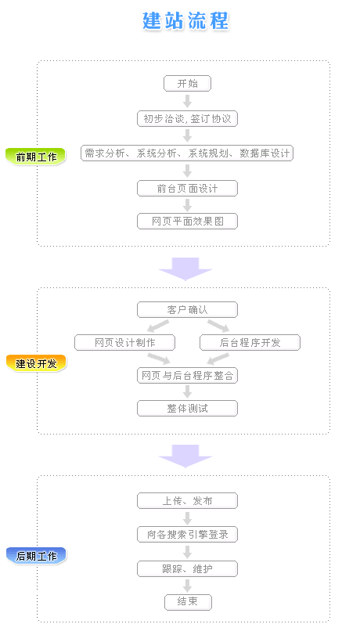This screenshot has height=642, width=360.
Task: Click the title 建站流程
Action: coord(185,21)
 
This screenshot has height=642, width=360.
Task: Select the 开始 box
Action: coord(187,83)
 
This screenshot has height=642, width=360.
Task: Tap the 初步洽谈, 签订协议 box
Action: coord(187,119)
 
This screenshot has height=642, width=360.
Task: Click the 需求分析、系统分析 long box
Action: coord(187,153)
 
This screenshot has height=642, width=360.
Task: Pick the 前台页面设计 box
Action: coord(187,188)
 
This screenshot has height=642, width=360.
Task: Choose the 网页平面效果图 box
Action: coord(187,221)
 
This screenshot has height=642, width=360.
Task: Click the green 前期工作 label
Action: coord(36,156)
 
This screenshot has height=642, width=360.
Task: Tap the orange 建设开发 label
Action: coord(36,362)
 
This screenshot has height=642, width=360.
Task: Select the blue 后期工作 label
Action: coord(36,555)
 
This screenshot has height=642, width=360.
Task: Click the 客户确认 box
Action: coord(187,309)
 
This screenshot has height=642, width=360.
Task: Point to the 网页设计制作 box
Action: coord(124,342)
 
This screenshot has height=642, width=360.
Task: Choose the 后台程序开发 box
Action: coord(250,342)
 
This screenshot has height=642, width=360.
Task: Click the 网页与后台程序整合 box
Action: coord(187,375)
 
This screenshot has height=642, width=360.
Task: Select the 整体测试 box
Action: coord(187,408)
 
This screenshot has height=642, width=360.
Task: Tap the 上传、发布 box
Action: coord(187,500)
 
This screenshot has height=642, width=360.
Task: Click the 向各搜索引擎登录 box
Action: coord(187,534)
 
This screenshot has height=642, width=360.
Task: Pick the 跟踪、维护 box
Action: coord(187,568)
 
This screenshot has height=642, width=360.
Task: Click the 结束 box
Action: coord(187,601)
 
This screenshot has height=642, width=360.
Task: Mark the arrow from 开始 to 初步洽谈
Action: coord(187,101)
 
